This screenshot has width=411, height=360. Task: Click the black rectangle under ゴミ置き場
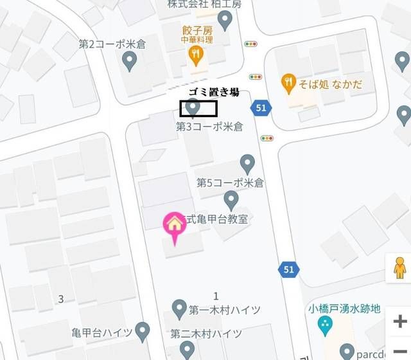(198, 109)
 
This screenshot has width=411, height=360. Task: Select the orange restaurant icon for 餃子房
(195, 57)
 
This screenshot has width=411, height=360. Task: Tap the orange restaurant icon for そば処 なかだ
(289, 82)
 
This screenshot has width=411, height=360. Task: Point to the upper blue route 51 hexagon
(260, 108)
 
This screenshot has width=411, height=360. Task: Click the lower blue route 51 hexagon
(288, 269)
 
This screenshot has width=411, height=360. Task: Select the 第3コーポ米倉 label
(209, 127)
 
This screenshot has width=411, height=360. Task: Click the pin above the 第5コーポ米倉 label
(247, 163)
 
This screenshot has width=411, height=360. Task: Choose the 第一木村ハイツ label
(225, 310)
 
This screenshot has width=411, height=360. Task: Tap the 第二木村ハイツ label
(206, 334)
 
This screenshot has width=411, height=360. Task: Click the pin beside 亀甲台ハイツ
(143, 332)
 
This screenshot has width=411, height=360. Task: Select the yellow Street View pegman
(399, 267)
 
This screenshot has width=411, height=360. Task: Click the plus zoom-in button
(399, 321)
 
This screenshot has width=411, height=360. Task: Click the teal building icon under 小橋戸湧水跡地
(326, 325)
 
